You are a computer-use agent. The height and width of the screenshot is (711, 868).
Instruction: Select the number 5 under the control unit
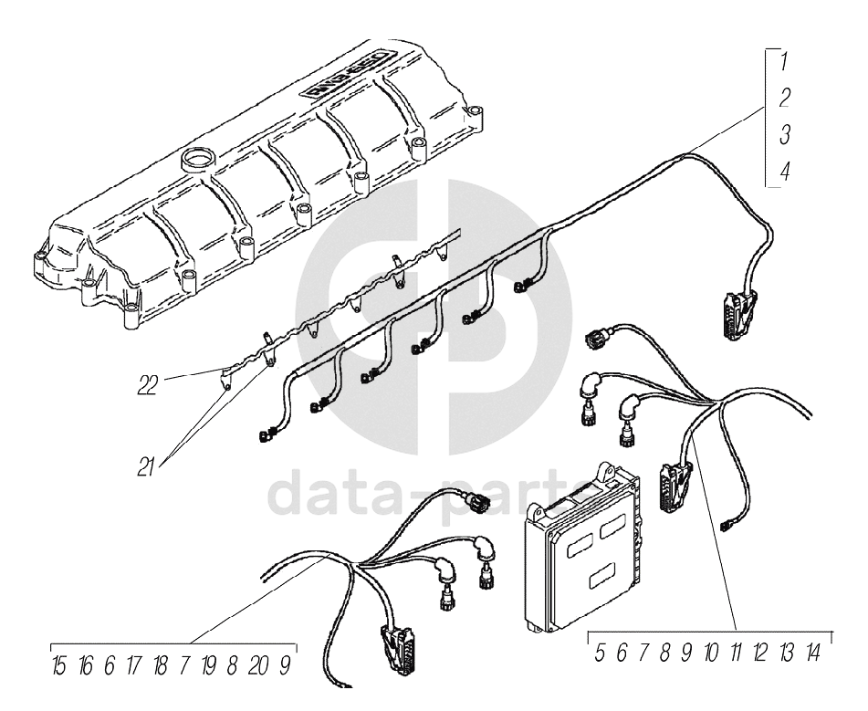pyautogui.click(x=601, y=653)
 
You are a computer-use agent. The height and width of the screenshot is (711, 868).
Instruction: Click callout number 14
pyautogui.click(x=812, y=653)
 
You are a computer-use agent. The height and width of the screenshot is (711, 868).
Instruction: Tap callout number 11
pyautogui.click(x=736, y=653)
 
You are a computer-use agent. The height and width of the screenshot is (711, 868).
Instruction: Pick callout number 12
pyautogui.click(x=760, y=653)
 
